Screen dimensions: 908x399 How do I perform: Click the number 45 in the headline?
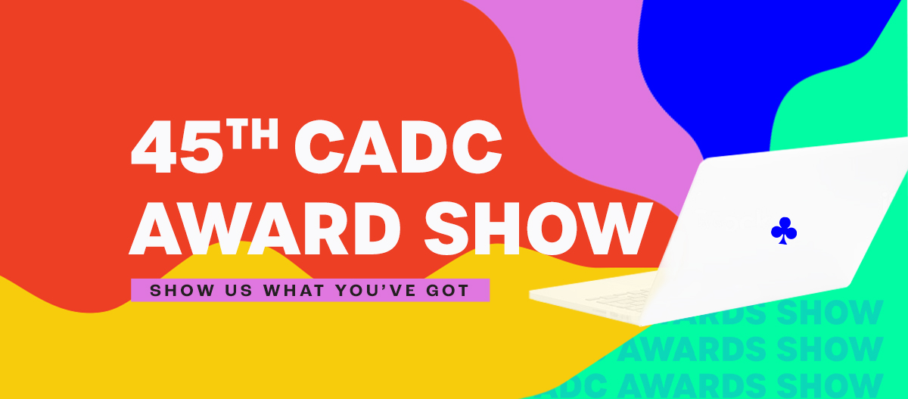click(177, 147)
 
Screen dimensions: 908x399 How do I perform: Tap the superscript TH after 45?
click(252, 133)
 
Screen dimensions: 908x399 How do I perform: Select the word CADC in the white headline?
click(399, 147)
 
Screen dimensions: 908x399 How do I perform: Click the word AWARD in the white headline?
click(265, 228)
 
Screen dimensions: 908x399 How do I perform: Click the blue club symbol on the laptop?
click(784, 231)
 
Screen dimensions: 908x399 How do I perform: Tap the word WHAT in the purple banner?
click(294, 290)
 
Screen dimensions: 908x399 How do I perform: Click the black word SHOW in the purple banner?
click(182, 290)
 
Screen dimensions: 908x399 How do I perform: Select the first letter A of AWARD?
click(153, 228)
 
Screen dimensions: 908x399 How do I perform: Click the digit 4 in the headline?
click(154, 147)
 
